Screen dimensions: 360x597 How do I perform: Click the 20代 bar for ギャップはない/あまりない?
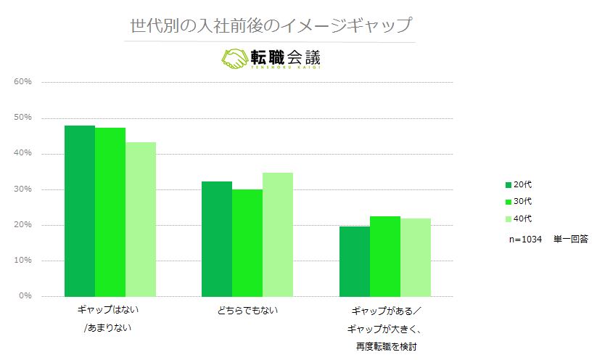click(80, 210)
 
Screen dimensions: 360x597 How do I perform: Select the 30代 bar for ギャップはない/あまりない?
click(110, 212)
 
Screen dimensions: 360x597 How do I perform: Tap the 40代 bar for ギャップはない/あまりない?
click(141, 218)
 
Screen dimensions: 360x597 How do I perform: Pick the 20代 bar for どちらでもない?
click(217, 239)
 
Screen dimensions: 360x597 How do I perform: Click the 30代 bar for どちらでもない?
click(247, 242)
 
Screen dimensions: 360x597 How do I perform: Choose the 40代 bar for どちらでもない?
click(278, 234)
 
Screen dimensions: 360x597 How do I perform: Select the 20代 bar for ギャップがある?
click(355, 261)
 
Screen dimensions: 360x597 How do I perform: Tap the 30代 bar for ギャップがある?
click(385, 256)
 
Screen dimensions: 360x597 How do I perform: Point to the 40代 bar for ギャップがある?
click(416, 257)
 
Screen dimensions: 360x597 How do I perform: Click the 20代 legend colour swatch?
click(509, 185)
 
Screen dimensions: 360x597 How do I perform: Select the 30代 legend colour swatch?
click(509, 202)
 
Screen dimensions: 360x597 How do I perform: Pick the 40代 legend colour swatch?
click(509, 218)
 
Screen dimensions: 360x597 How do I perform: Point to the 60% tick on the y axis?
click(22, 82)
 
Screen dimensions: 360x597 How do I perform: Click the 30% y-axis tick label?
click(22, 189)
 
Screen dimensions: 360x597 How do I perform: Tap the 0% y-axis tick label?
click(25, 296)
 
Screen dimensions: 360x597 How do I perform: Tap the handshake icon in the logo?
click(234, 58)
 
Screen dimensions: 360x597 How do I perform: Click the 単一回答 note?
click(570, 238)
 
